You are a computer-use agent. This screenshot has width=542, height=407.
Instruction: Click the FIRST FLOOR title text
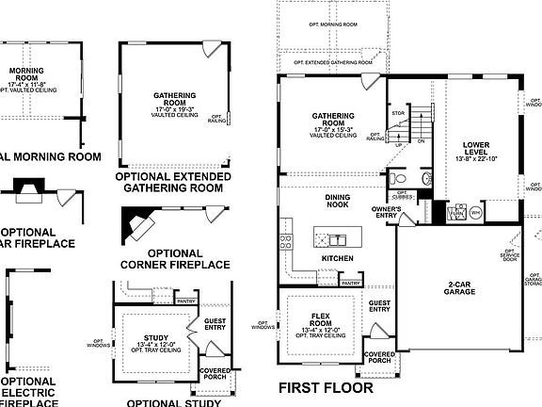coord(326,386)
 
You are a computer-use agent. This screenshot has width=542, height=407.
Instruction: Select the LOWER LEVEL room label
coord(475,149)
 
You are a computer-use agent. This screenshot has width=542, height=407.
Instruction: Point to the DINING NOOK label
coord(338,201)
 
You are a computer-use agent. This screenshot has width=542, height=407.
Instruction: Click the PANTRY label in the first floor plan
coord(351,282)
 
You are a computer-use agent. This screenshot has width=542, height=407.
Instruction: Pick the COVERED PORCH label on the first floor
coord(378,357)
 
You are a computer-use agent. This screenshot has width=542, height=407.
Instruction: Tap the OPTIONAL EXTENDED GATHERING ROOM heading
coord(168,182)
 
